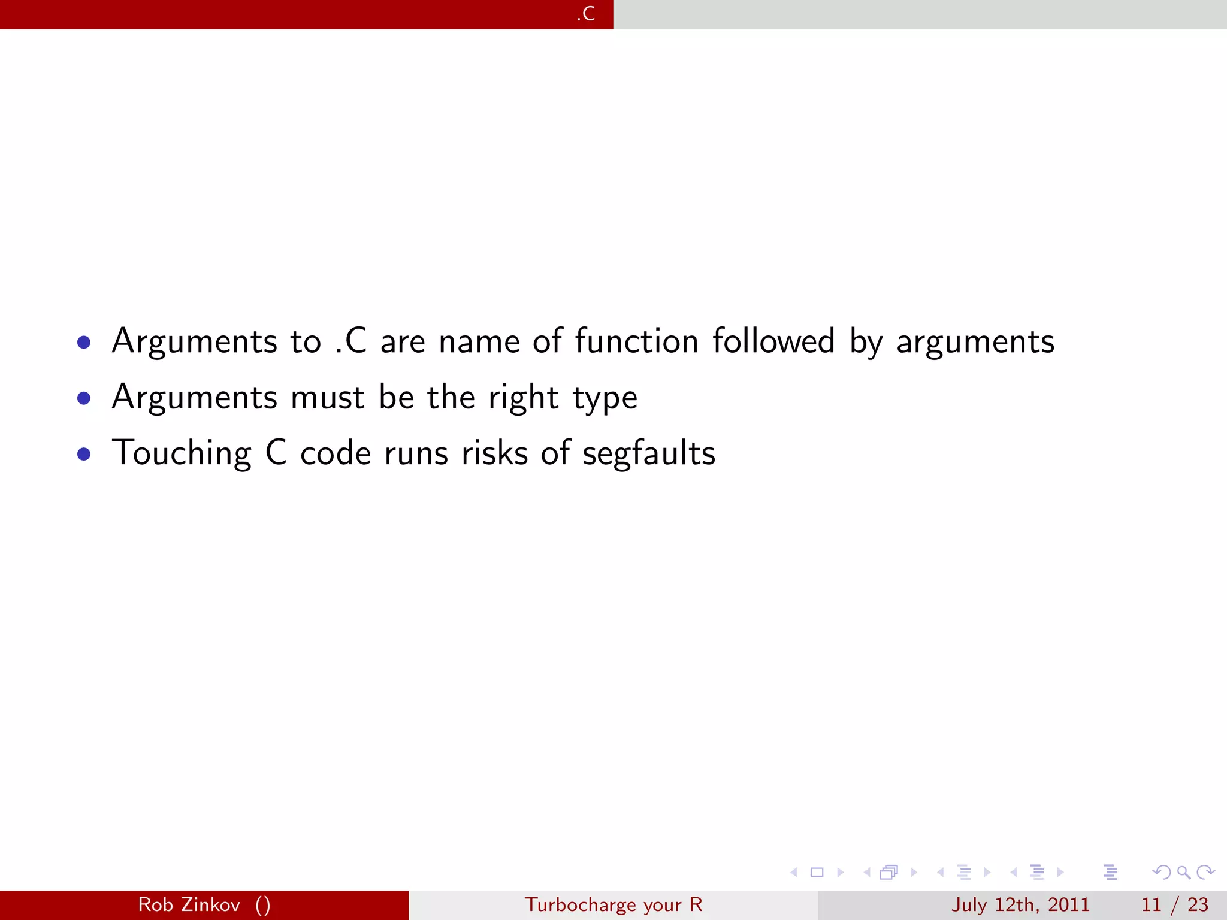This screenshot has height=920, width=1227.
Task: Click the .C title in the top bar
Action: [x=586, y=14]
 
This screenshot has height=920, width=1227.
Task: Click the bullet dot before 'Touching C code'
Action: [x=84, y=454]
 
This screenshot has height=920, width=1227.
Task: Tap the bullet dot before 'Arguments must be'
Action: [x=84, y=398]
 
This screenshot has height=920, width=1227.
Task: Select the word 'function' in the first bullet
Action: [x=636, y=341]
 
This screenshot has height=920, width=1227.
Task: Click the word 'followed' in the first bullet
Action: [x=773, y=341]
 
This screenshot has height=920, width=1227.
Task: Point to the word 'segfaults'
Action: [x=649, y=454]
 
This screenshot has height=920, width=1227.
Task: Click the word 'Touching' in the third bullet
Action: [x=182, y=454]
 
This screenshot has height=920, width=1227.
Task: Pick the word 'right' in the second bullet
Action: [x=523, y=398]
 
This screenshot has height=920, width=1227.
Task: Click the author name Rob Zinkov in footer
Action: [x=189, y=905]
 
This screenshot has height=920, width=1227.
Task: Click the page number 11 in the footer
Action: [x=1151, y=905]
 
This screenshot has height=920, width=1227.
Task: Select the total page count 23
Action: [x=1198, y=905]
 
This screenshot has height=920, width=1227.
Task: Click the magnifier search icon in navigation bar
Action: [x=1183, y=873]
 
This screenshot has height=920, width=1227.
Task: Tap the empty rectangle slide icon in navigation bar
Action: [x=817, y=873]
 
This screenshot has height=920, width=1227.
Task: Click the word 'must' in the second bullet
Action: [x=327, y=398]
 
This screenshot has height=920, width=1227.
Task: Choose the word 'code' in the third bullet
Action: [x=336, y=454]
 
